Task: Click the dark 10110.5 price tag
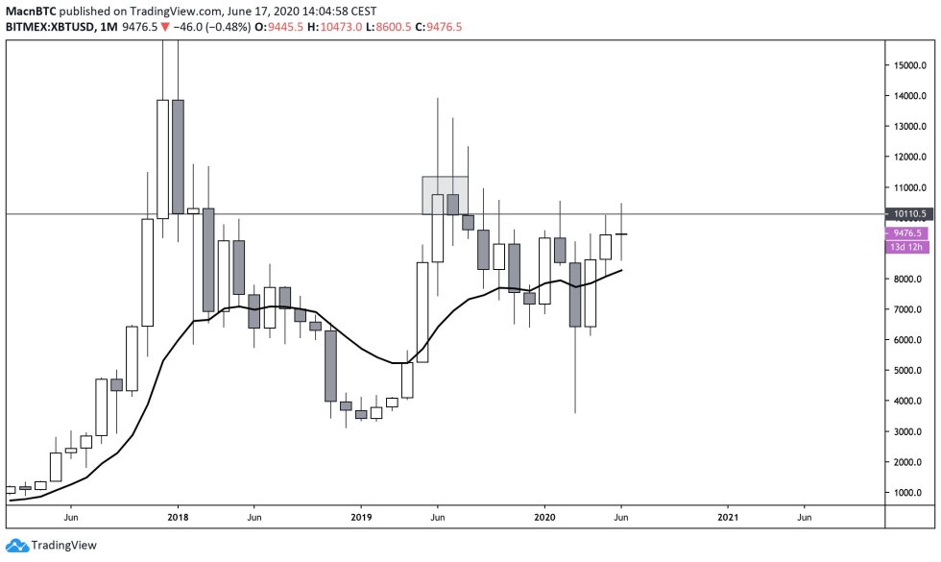click(907, 214)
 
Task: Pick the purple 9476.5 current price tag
click(907, 232)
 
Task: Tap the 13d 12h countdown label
click(907, 247)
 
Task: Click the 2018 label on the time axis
click(177, 516)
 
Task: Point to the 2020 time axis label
click(544, 516)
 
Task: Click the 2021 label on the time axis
click(728, 516)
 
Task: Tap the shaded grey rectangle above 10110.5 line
click(445, 194)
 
